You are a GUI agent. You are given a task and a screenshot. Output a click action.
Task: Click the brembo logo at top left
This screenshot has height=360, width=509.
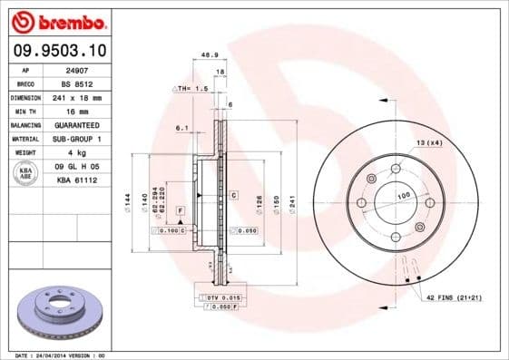(55, 21)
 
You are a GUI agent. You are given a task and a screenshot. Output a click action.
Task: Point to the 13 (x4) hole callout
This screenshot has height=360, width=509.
(429, 143)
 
